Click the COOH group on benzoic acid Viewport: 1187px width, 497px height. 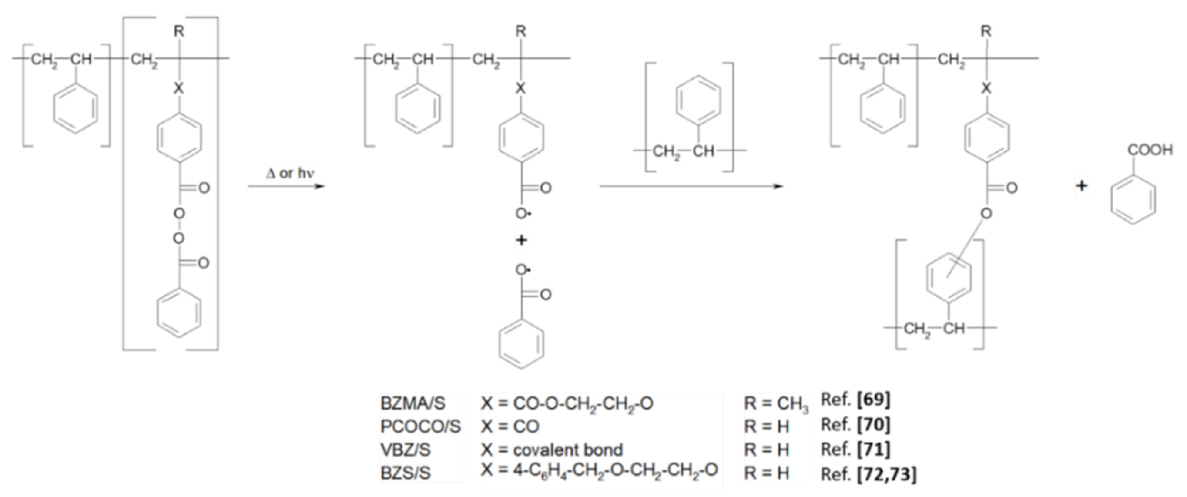(x=1150, y=150)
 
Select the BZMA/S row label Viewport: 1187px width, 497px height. (x=413, y=403)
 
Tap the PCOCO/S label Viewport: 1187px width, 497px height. (x=420, y=426)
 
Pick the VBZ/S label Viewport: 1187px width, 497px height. (x=406, y=450)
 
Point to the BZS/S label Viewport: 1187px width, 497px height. (x=406, y=473)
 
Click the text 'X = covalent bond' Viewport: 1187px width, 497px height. (x=552, y=450)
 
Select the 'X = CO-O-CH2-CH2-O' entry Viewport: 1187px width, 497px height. (x=567, y=403)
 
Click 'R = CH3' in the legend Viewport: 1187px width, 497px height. (x=776, y=403)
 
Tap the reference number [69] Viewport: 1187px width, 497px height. (x=873, y=400)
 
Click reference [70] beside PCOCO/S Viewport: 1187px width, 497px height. (x=873, y=424)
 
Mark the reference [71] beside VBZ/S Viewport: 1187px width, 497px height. (x=873, y=449)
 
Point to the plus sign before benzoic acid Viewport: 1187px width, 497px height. (x=1081, y=186)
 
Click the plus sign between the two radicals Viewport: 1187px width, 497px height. (x=521, y=240)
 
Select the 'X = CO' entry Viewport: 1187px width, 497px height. (x=510, y=426)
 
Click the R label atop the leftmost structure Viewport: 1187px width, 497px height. (x=179, y=31)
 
